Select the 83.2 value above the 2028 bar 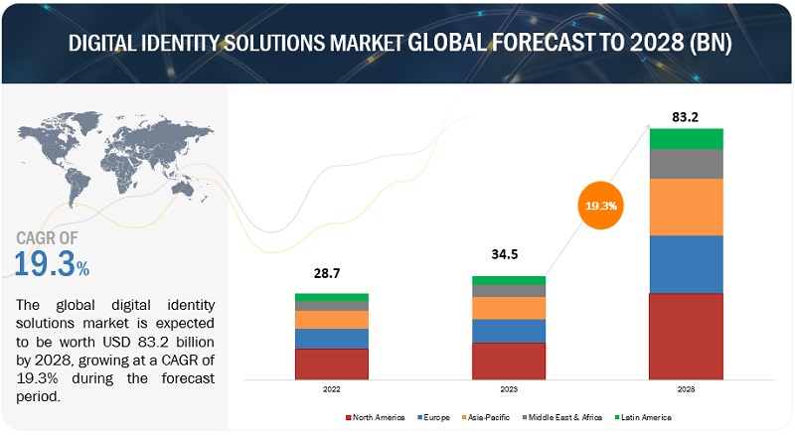[x=687, y=115]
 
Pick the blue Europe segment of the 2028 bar [x=687, y=264]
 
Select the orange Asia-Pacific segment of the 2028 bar [x=687, y=207]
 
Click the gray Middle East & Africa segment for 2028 [x=687, y=164]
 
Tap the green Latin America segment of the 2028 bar [x=687, y=138]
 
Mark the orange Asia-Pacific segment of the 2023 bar [x=508, y=308]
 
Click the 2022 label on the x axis [x=331, y=389]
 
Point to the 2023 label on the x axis [x=508, y=389]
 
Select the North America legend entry [x=374, y=417]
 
